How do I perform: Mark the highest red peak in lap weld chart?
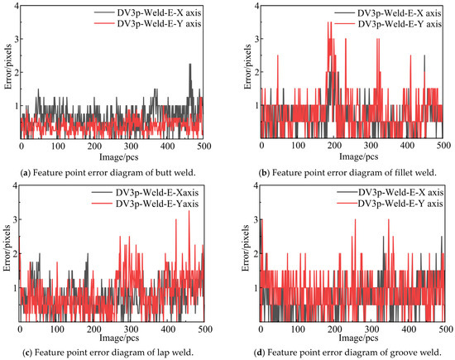(189, 211)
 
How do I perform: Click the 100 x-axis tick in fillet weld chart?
(298, 144)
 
